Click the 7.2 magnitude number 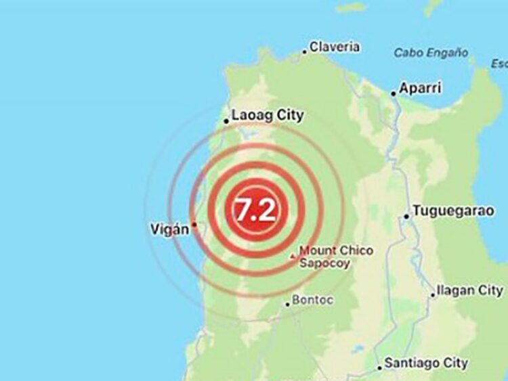tap(255, 211)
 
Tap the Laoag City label tap(268, 116)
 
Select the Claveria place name tap(335, 47)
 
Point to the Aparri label tap(420, 89)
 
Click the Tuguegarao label tap(453, 211)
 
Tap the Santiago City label tap(426, 363)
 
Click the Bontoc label tap(312, 300)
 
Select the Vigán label tap(169, 230)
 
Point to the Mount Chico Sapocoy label tap(335, 257)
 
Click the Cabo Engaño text tap(431, 53)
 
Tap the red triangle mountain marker tap(293, 256)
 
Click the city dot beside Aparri tap(394, 93)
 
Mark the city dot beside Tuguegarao tap(406, 217)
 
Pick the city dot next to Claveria tap(305, 50)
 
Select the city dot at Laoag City tap(226, 122)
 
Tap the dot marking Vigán tap(194, 225)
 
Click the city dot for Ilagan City tap(433, 295)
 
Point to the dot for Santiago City tap(379, 368)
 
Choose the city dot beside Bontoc tap(287, 304)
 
